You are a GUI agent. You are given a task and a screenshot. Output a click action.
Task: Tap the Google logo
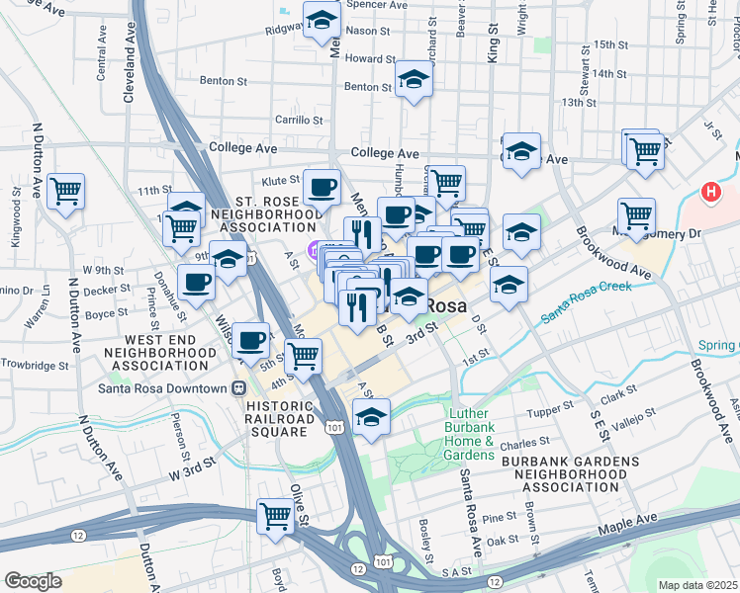click(33, 581)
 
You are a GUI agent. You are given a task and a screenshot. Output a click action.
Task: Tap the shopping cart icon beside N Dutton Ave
click(65, 191)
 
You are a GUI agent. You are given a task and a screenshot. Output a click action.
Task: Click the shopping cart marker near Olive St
click(275, 516)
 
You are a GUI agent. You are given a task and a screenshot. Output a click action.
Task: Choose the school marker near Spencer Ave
click(323, 22)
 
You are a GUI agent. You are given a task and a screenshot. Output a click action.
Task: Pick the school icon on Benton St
click(415, 80)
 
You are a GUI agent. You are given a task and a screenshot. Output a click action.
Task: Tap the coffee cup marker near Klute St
click(321, 187)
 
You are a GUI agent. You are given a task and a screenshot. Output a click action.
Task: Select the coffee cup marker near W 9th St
click(196, 283)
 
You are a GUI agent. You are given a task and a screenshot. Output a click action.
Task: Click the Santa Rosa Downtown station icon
click(238, 387)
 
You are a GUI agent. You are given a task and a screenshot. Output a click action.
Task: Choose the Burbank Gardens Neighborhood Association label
click(562, 473)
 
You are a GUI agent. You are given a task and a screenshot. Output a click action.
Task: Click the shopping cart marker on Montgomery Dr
click(636, 215)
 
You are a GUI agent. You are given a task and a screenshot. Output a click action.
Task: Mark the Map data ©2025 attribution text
click(697, 585)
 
